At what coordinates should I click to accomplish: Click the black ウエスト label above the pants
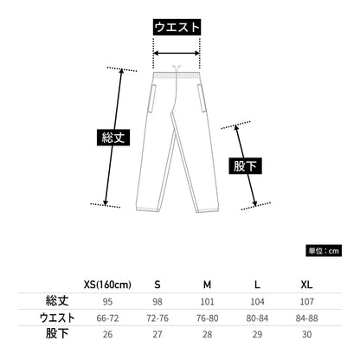coord(177,28)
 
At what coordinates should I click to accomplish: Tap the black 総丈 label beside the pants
coord(113,138)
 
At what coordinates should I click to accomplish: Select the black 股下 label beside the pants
coord(245,166)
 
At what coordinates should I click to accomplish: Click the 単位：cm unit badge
coord(324,251)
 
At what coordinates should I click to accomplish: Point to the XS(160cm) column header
coord(107,285)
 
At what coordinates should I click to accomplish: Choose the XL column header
coord(306,285)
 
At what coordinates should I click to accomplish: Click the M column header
coord(207,285)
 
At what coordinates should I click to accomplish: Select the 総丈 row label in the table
coord(57,301)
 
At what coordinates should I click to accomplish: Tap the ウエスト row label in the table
coord(57,318)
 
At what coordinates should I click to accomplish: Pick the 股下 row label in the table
coord(57,334)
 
